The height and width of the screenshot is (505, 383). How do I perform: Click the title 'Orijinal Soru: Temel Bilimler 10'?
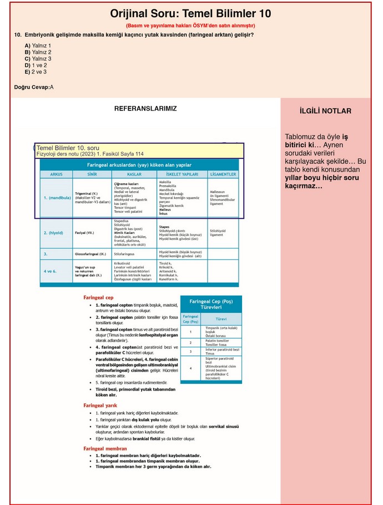pos(190,14)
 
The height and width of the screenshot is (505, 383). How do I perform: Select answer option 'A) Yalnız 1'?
pos(38,46)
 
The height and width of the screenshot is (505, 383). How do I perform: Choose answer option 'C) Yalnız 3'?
pos(38,58)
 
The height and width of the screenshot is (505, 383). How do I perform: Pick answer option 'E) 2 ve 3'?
pos(36,72)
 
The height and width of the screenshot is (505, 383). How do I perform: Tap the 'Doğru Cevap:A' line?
pos(34,87)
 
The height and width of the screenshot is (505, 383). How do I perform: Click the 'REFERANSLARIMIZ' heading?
pos(145,109)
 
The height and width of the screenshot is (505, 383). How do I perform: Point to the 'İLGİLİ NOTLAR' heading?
pos(325,111)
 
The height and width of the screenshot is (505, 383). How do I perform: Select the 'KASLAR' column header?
pos(133,174)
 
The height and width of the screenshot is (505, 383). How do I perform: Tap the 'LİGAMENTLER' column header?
pos(223,174)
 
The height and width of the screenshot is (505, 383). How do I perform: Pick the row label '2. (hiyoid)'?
pos(54,233)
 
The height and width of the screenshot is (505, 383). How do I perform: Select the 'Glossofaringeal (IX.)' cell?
pos(90,254)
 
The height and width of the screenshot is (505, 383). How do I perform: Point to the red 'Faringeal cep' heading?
pos(98,297)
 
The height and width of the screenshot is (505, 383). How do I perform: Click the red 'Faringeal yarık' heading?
pos(100,405)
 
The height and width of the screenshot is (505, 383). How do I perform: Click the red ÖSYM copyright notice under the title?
pos(190,26)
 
